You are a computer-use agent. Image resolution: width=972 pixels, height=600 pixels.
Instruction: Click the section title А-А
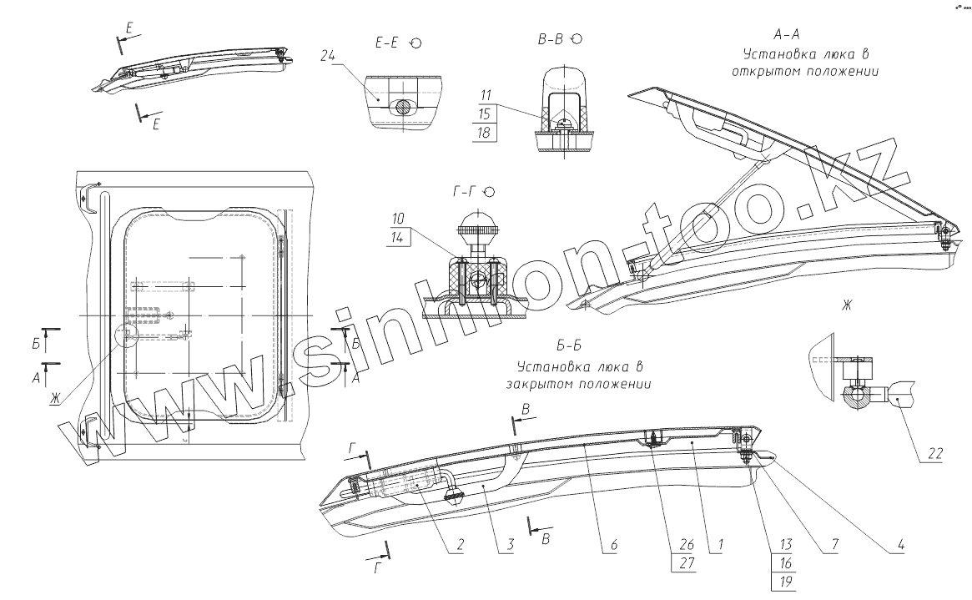(x=787, y=36)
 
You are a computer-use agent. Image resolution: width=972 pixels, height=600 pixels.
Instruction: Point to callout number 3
(x=505, y=547)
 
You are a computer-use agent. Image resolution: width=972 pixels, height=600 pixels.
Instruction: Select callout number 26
(x=685, y=547)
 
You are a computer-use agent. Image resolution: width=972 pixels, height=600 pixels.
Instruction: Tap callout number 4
(x=900, y=547)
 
